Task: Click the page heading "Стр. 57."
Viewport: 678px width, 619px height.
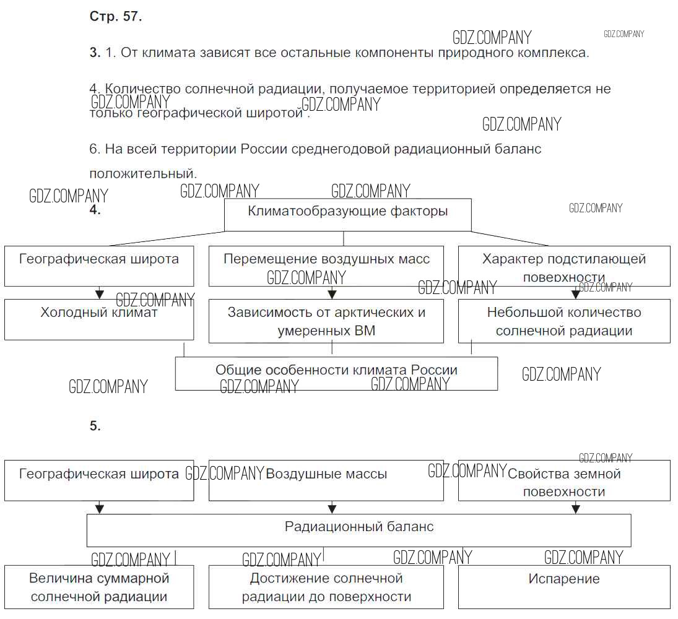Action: click(x=116, y=17)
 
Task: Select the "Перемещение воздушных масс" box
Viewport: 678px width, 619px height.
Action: click(x=326, y=266)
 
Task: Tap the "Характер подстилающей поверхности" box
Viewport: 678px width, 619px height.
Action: click(x=563, y=266)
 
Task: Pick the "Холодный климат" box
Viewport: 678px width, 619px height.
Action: click(x=99, y=319)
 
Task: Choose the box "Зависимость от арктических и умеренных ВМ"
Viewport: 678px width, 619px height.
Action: click(x=326, y=321)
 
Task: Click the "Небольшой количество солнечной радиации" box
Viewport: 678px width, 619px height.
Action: click(x=563, y=321)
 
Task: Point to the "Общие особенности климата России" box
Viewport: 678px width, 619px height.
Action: click(x=336, y=374)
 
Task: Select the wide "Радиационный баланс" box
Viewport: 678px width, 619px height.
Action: click(x=359, y=530)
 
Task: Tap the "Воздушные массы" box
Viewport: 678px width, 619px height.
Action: click(x=326, y=480)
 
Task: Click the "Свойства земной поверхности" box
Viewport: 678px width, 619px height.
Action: click(x=563, y=480)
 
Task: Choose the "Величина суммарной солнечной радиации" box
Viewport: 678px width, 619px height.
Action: click(x=99, y=587)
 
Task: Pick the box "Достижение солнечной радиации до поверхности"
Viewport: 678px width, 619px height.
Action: click(x=326, y=587)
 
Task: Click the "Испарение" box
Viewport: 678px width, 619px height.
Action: click(x=563, y=586)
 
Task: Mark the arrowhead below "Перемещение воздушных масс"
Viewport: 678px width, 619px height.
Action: click(x=332, y=294)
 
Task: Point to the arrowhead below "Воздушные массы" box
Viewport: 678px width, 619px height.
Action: click(x=332, y=509)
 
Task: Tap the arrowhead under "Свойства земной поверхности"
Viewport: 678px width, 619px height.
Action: click(x=576, y=509)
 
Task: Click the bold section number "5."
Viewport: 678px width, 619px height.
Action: click(x=95, y=426)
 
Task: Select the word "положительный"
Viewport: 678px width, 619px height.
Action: click(x=142, y=173)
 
